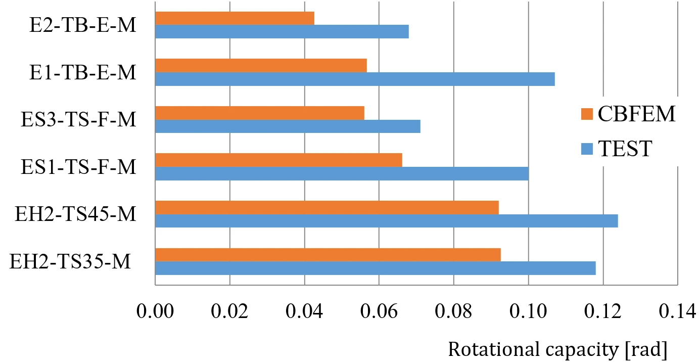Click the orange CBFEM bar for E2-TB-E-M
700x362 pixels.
235,18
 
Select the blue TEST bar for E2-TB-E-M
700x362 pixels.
282,31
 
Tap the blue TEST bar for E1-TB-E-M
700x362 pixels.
355,79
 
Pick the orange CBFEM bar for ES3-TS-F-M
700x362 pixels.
260,113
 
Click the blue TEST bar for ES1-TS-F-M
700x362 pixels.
342,173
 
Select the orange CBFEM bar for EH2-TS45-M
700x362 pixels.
327,208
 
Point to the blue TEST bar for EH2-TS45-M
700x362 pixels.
387,221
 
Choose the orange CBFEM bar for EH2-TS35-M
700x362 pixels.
328,255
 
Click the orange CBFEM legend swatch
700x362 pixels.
587,114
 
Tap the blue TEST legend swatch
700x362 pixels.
587,149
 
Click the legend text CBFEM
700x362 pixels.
636,114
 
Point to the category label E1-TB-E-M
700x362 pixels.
83,72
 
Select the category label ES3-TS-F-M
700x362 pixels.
78,120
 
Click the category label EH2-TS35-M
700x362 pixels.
70,262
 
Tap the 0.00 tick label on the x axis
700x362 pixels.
155,311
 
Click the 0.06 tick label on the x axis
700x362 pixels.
379,311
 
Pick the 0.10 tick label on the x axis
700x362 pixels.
528,311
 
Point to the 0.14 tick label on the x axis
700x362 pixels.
677,311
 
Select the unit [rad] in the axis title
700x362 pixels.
646,349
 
